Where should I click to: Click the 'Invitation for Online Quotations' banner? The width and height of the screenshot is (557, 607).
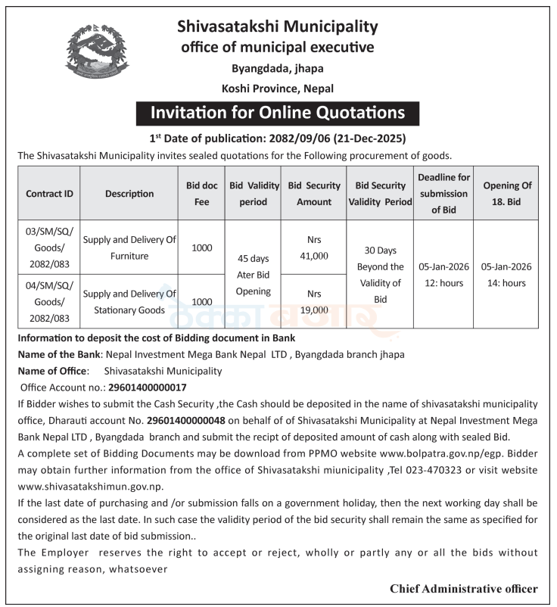point(278,114)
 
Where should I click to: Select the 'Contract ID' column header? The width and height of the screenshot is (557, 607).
point(49,193)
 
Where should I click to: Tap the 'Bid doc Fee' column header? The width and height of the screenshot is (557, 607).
point(202,193)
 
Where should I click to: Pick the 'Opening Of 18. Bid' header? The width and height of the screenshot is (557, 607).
point(507,193)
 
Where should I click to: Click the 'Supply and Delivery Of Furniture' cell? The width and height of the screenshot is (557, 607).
point(129,247)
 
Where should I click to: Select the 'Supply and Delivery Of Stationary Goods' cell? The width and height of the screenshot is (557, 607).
point(129,301)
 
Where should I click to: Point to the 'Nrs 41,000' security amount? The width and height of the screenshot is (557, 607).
point(313,247)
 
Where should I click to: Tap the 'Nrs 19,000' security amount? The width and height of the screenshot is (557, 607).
point(313,301)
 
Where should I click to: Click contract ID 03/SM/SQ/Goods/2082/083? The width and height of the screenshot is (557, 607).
point(49,247)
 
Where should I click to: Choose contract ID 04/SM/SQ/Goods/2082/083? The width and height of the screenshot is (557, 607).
point(49,301)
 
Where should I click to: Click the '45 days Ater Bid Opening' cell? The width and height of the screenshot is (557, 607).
point(253,275)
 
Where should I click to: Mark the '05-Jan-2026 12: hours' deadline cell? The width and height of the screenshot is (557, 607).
point(444,275)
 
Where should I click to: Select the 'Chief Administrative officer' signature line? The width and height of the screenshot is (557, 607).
point(464,588)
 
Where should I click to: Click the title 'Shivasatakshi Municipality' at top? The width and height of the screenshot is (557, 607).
point(278,27)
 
